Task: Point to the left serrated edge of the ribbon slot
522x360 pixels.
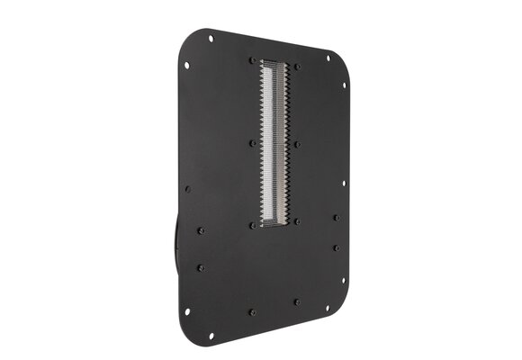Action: pyautogui.click(x=262, y=144)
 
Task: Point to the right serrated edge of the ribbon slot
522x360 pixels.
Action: pyautogui.click(x=287, y=144)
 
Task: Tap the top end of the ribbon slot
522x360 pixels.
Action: pyautogui.click(x=275, y=62)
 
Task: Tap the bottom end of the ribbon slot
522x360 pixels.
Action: pyautogui.click(x=273, y=225)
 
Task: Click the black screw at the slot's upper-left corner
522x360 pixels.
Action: pyautogui.click(x=251, y=60)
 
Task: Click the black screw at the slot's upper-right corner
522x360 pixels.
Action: pyautogui.click(x=298, y=66)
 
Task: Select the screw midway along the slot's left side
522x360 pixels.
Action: pyautogui.click(x=252, y=142)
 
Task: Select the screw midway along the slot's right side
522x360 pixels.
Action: pyautogui.click(x=298, y=143)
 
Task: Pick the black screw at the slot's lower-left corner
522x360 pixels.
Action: pyautogui.click(x=251, y=225)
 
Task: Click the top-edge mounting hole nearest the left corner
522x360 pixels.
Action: pyautogui.click(x=211, y=38)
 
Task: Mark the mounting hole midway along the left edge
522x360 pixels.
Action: pyautogui.click(x=187, y=189)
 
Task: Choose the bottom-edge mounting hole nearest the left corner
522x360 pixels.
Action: pyautogui.click(x=211, y=336)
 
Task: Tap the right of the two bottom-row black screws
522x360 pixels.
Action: pyautogui.click(x=296, y=301)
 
